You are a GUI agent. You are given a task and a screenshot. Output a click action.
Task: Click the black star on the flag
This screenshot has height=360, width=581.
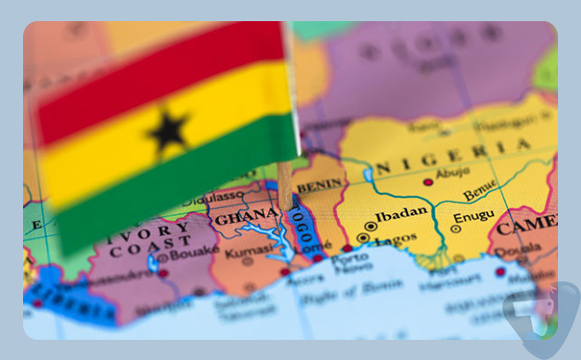click(x=169, y=129)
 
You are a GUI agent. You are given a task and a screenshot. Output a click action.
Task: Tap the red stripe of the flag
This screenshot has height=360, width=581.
click(x=154, y=68)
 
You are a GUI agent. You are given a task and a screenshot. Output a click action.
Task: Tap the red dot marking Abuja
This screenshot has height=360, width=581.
click(x=428, y=181)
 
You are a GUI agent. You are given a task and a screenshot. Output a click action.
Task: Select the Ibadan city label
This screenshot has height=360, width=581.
click(x=400, y=214)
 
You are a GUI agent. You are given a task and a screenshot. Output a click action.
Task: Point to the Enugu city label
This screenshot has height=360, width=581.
click(x=472, y=218)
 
